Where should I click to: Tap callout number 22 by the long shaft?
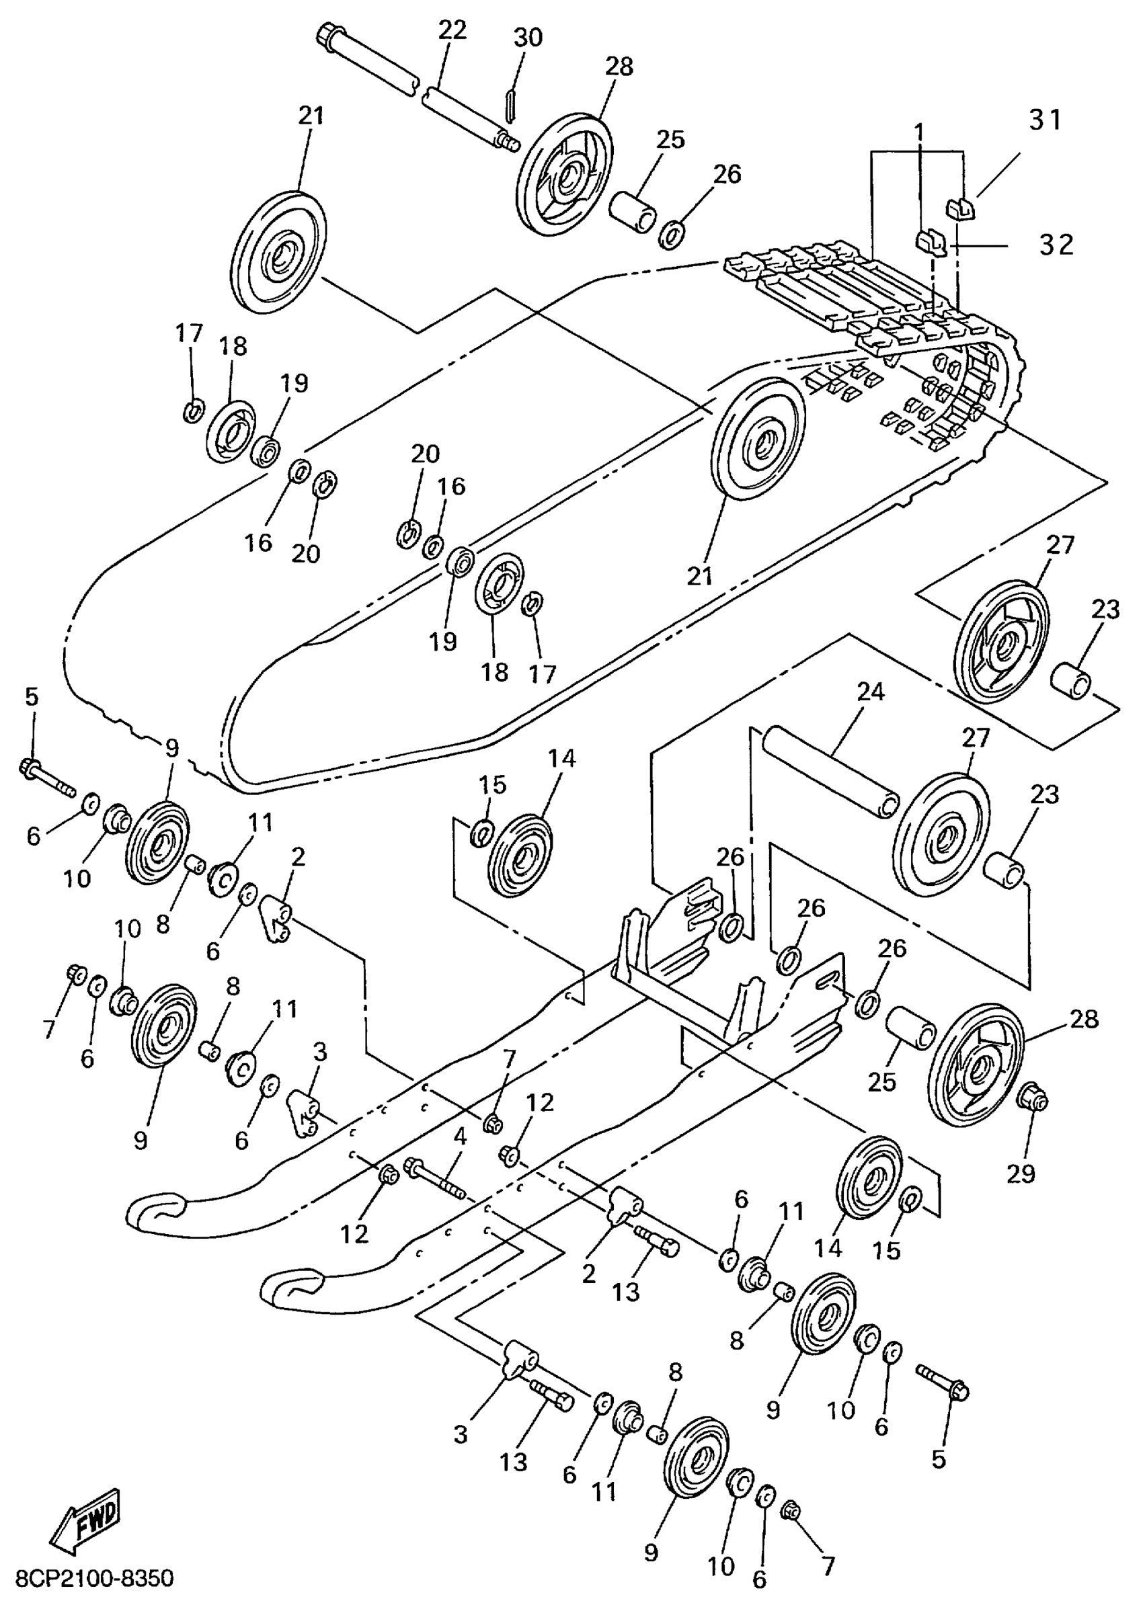452,32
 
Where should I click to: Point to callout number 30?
528,37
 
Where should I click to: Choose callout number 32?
1056,245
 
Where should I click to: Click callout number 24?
870,692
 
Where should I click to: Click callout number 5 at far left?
32,697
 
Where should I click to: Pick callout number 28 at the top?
619,67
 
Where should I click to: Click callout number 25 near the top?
670,139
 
